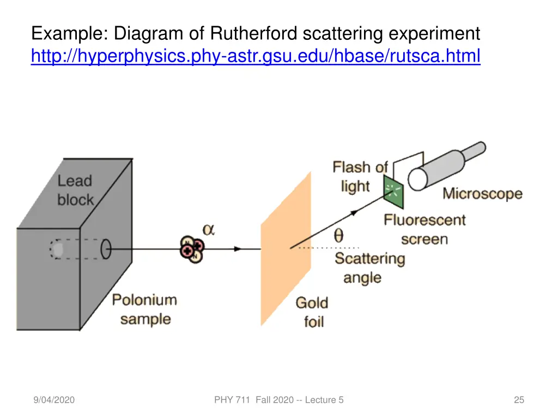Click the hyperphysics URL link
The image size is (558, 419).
256,56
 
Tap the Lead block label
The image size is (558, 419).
75,190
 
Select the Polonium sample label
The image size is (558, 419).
145,309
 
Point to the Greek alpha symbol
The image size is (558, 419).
209,230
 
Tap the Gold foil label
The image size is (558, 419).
312,312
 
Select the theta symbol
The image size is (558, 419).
338,235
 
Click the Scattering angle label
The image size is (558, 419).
370,268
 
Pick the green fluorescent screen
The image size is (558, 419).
393,192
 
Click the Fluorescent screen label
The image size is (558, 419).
424,229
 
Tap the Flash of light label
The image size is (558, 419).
360,176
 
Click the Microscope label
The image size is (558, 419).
482,194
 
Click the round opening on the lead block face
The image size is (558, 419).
106,249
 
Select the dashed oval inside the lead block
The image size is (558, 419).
57,249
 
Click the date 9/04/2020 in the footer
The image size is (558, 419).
53,400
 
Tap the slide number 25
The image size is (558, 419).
519,400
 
